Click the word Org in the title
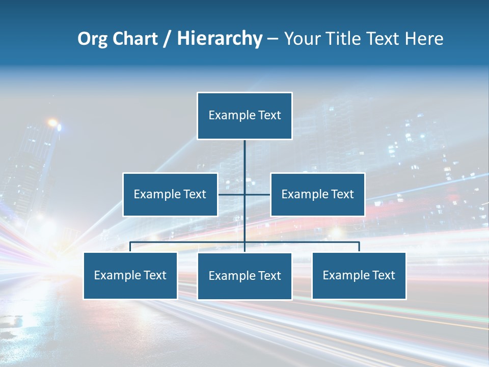(x=92, y=39)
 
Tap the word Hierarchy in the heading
(x=220, y=39)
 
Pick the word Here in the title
(x=424, y=39)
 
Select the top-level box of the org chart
(x=244, y=115)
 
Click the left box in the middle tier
(x=170, y=194)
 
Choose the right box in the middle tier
(x=317, y=194)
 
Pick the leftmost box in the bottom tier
(x=130, y=275)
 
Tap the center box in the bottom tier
(x=244, y=276)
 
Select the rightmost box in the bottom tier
(x=359, y=275)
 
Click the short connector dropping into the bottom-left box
(x=130, y=247)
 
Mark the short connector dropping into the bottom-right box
(x=359, y=247)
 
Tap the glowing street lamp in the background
(x=52, y=123)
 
